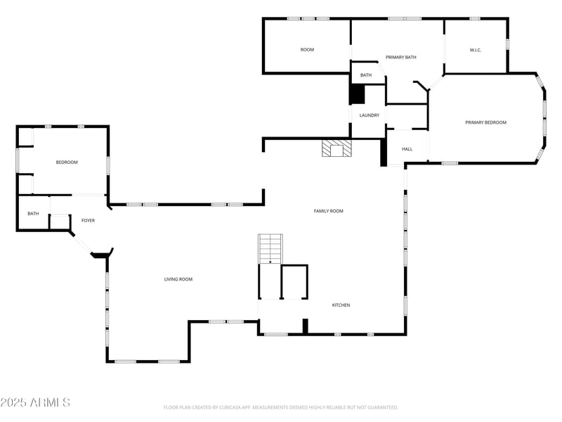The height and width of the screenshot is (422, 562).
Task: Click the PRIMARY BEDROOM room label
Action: [x=485, y=122]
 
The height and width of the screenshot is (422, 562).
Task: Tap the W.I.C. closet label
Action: [x=475, y=50]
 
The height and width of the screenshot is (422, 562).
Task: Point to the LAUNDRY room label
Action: [x=370, y=115]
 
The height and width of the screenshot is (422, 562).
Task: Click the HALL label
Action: [x=407, y=149]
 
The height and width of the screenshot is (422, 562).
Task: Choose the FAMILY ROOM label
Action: [x=328, y=211]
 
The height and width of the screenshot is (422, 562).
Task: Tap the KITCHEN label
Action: [x=341, y=305]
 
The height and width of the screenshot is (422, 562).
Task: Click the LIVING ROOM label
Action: [x=178, y=279]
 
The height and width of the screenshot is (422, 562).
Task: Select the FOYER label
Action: [x=88, y=221]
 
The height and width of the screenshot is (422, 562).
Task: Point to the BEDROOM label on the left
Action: [x=67, y=162]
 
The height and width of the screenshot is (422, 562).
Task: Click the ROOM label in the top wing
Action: [x=307, y=50]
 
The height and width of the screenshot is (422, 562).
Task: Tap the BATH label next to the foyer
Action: [x=33, y=214]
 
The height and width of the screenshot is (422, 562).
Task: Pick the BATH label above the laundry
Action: [x=366, y=75]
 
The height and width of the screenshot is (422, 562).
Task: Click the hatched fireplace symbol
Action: [x=336, y=148]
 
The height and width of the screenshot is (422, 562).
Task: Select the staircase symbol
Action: [x=270, y=249]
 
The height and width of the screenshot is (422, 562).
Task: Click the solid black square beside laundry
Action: [x=358, y=94]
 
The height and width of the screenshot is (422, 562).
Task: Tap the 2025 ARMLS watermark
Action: [x=35, y=402]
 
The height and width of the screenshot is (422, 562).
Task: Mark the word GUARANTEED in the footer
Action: [x=381, y=407]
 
